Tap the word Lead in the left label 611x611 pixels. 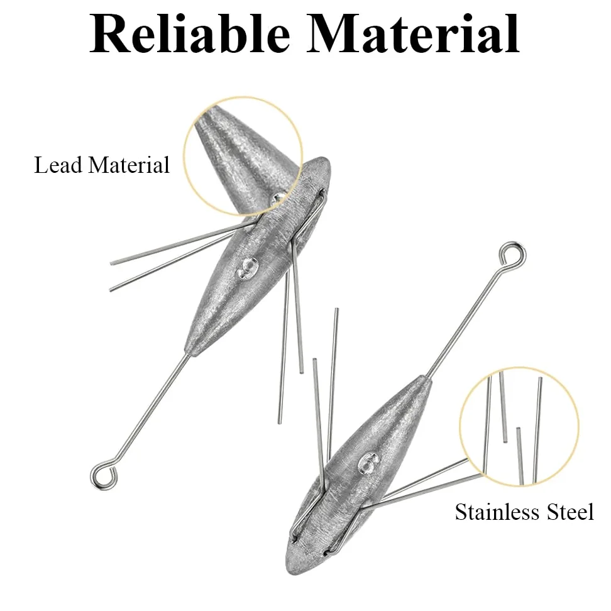pyautogui.click(x=58, y=165)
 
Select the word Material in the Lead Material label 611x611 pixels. pyautogui.click(x=129, y=165)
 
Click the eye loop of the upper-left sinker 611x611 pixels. pyautogui.click(x=104, y=475)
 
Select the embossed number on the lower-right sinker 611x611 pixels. pyautogui.click(x=370, y=463)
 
